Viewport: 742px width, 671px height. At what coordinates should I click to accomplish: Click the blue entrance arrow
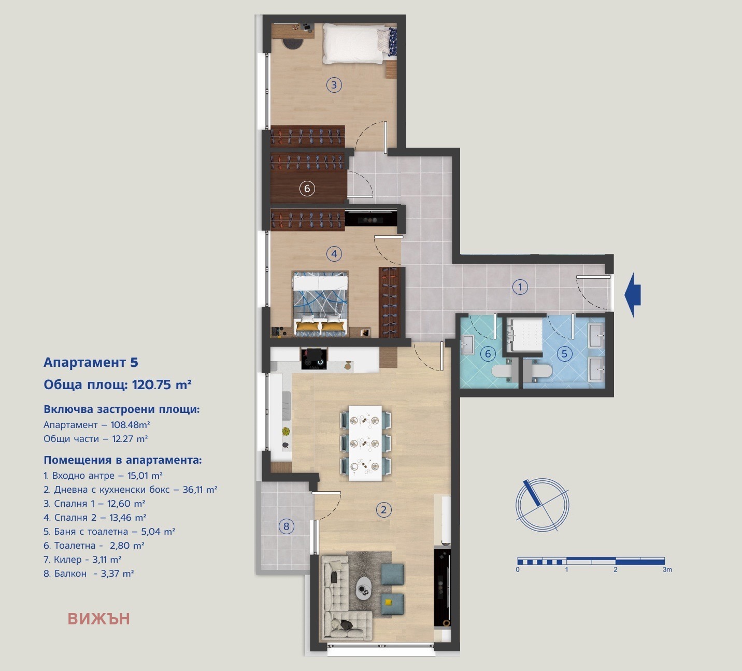tap(633, 295)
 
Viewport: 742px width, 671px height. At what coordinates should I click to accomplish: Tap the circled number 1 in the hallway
tap(520, 287)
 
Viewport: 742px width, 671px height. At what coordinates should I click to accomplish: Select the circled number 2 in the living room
tap(383, 510)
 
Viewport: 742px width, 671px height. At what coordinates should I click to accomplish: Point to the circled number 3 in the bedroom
tap(334, 85)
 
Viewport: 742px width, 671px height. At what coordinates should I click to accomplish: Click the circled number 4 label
tap(334, 254)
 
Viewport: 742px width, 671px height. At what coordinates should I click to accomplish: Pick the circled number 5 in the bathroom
tap(564, 354)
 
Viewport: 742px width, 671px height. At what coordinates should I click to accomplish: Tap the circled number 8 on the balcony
tap(286, 527)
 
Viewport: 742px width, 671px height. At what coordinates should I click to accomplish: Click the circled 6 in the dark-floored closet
tap(307, 189)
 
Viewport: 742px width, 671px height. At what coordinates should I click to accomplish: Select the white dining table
tap(365, 443)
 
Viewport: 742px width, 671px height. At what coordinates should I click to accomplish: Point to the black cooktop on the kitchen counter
tap(315, 359)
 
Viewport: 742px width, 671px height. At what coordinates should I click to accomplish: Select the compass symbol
tap(542, 505)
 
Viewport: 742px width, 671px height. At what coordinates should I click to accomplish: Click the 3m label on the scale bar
tap(667, 570)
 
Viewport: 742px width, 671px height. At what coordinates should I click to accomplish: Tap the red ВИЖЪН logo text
tap(98, 619)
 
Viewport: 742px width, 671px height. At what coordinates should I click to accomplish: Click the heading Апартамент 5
tap(91, 362)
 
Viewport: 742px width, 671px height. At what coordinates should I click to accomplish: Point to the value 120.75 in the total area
tap(152, 384)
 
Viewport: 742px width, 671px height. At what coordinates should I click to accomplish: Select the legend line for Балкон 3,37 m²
tap(89, 574)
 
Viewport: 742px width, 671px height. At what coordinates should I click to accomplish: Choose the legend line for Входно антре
tap(103, 476)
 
